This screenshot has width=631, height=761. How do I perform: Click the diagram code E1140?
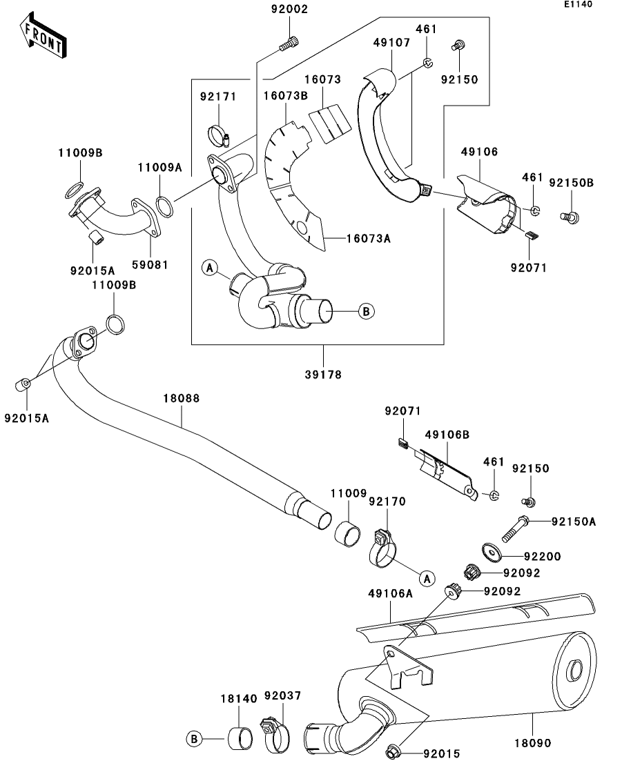(x=578, y=5)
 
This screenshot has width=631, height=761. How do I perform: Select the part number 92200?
(x=542, y=556)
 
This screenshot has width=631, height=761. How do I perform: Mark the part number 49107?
(x=391, y=42)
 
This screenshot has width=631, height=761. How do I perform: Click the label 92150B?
(x=571, y=183)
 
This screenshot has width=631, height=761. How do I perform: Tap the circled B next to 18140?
(x=194, y=739)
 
